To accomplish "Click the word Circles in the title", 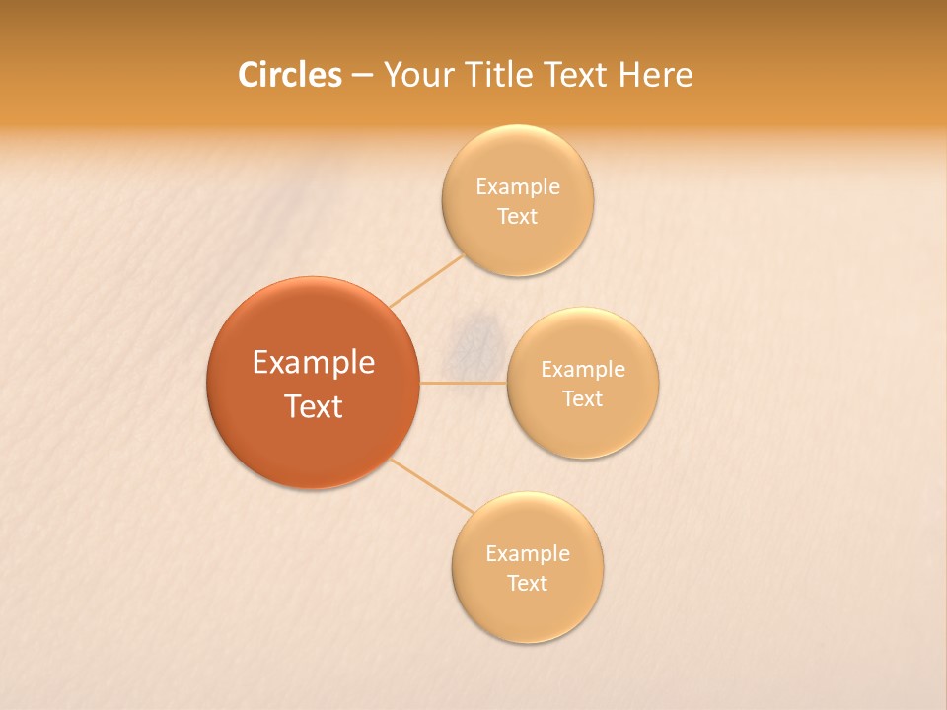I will [x=290, y=75].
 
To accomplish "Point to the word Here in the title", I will [x=655, y=75].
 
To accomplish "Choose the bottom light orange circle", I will [x=528, y=616].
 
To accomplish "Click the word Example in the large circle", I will [x=314, y=363].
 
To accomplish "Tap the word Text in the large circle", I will [x=314, y=406].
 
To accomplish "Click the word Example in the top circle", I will [x=518, y=187].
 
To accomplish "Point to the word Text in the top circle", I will [x=518, y=217].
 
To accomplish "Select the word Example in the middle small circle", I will [x=583, y=370].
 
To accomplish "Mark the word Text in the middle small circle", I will [x=583, y=399].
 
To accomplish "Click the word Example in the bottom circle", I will [x=528, y=554].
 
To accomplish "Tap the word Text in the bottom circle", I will [x=528, y=584].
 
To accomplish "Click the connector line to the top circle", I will [x=426, y=280].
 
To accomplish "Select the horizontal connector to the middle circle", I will [x=464, y=382].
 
